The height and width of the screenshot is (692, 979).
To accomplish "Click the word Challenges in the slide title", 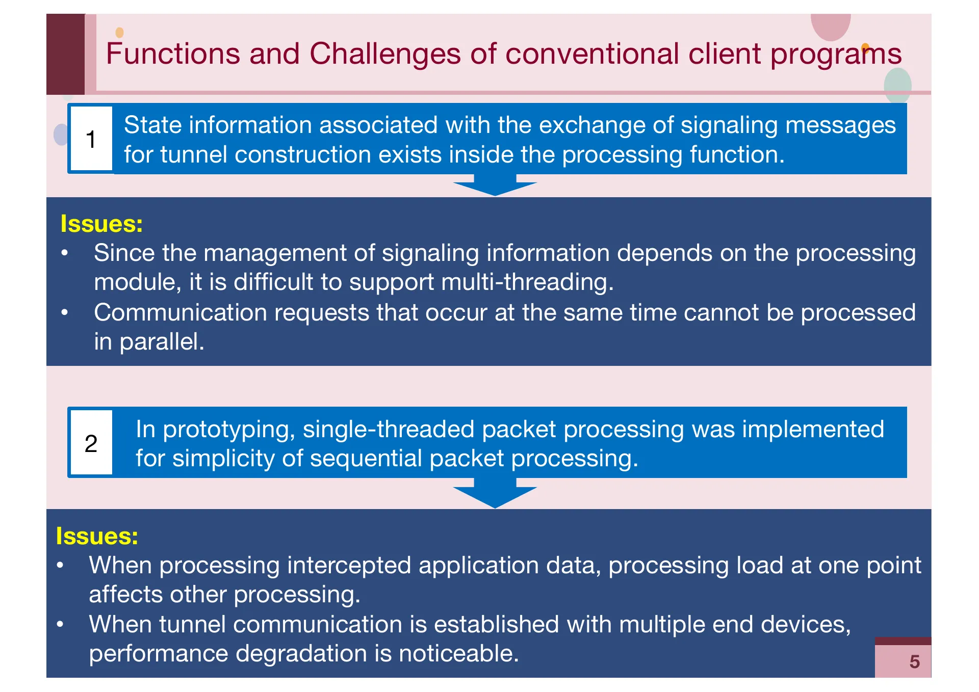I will pyautogui.click(x=385, y=54).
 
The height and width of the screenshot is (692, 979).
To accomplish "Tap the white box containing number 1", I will pyautogui.click(x=91, y=139).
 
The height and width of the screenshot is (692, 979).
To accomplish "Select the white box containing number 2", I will pyautogui.click(x=91, y=443).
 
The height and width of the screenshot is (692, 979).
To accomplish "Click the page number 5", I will pyautogui.click(x=914, y=661).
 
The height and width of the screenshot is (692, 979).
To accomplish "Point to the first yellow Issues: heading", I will pyautogui.click(x=101, y=224).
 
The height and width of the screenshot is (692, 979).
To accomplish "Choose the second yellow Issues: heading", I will pyautogui.click(x=97, y=536).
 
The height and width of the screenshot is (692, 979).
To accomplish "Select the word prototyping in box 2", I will pyautogui.click(x=228, y=429).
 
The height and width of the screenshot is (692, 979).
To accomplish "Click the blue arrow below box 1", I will pyautogui.click(x=495, y=185).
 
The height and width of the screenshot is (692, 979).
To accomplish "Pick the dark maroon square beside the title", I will pyautogui.click(x=65, y=54).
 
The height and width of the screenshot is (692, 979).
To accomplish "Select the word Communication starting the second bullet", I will pyautogui.click(x=181, y=312).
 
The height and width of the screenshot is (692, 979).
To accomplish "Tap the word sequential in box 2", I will pyautogui.click(x=366, y=458).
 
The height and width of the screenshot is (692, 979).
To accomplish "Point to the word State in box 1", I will pyautogui.click(x=152, y=125).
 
